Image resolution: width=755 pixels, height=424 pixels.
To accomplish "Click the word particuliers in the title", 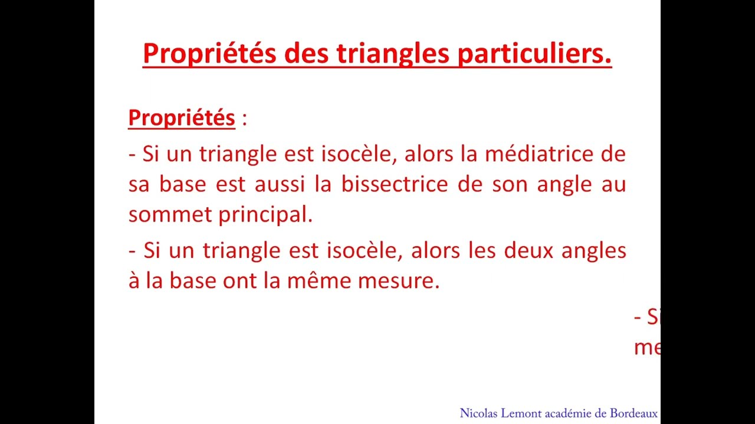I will coord(534,54).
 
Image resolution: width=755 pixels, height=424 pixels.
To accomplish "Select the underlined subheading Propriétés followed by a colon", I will coord(182,118).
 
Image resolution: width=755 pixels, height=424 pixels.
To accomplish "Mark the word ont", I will coord(241,281).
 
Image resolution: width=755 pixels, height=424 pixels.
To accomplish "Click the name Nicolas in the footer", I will coord(479,413).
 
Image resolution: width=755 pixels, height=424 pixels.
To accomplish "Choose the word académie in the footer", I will coord(569,413).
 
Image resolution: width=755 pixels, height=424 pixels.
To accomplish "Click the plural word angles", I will coord(593,251).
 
